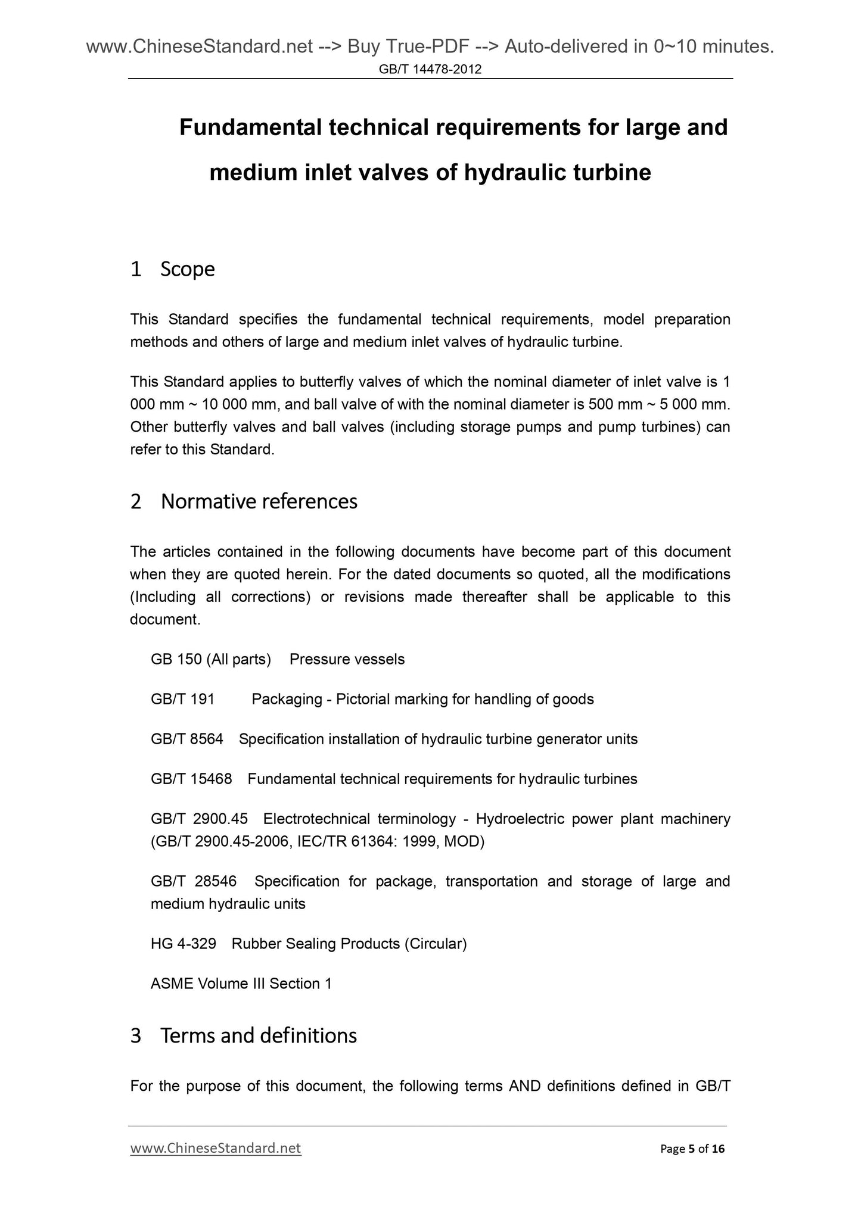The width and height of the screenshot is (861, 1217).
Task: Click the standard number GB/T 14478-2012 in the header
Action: coord(430,70)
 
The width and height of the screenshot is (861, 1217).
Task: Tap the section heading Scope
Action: coord(187,269)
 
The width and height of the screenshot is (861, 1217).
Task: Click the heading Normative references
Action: coord(259,501)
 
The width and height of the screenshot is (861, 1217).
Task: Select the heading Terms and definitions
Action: coord(258,1035)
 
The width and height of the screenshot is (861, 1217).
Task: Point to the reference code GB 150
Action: coord(176,659)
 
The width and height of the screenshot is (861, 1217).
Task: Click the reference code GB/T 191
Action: coord(182,699)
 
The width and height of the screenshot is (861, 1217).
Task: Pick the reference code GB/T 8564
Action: coord(187,739)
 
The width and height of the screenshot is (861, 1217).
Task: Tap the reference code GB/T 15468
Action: coord(191,779)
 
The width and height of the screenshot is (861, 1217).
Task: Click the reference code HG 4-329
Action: coord(183,944)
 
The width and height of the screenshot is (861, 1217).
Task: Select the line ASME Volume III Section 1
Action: coord(241,984)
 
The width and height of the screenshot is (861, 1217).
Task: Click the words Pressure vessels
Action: coord(347,659)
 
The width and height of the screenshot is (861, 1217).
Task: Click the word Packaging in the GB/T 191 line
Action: coord(287,699)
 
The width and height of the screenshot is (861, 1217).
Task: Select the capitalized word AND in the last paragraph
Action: coord(524,1086)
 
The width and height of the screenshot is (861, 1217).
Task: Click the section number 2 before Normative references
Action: coord(136,502)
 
